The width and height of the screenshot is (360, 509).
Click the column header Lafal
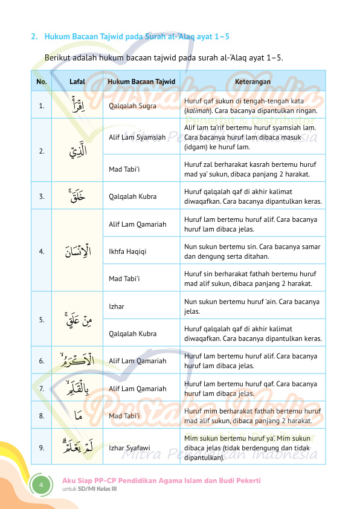click(77, 81)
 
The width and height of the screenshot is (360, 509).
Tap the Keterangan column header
click(252, 81)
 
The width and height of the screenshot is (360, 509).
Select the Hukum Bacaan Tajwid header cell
click(141, 81)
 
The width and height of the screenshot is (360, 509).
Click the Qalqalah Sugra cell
click(132, 106)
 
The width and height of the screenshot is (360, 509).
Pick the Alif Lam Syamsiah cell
click(137, 137)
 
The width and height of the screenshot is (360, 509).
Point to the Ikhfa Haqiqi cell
click(128, 250)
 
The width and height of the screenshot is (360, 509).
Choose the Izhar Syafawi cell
click(129, 448)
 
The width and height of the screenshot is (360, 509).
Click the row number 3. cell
click(41, 196)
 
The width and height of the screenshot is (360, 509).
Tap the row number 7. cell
click(41, 389)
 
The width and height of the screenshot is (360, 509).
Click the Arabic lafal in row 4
click(77, 250)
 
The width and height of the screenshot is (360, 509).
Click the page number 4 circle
click(42, 485)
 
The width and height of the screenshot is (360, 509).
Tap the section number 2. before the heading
click(34, 37)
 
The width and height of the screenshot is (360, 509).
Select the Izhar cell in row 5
click(117, 306)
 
